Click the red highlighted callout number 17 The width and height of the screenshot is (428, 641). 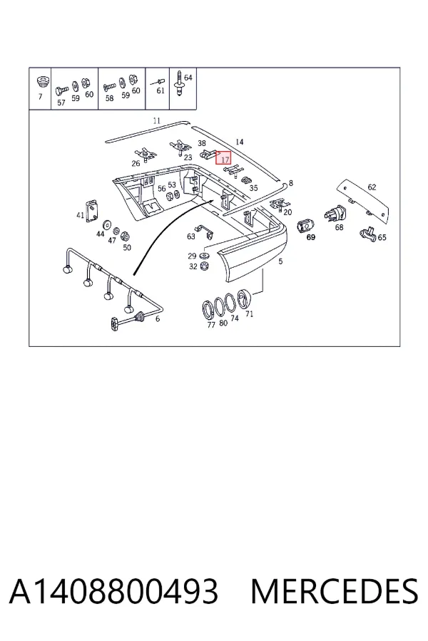pyautogui.click(x=223, y=157)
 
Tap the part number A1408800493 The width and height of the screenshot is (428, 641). pyautogui.click(x=113, y=591)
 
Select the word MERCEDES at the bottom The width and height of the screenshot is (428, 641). pyautogui.click(x=335, y=591)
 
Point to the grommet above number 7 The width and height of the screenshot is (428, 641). pyautogui.click(x=42, y=81)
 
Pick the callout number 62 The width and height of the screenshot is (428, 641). pyautogui.click(x=372, y=187)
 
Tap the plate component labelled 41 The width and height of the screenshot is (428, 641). pyautogui.click(x=92, y=210)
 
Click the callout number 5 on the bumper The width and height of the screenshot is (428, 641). pyautogui.click(x=280, y=261)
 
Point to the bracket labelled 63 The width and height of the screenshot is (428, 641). pyautogui.click(x=203, y=231)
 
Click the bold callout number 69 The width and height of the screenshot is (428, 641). pyautogui.click(x=311, y=237)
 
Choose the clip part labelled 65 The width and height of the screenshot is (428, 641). pyautogui.click(x=368, y=234)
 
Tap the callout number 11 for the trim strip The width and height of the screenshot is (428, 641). pyautogui.click(x=156, y=120)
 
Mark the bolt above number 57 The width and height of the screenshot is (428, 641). pyautogui.click(x=61, y=90)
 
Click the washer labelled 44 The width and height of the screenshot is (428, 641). pyautogui.click(x=107, y=224)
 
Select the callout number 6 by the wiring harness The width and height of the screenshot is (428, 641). pyautogui.click(x=158, y=319)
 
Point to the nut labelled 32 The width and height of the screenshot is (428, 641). pyautogui.click(x=205, y=266)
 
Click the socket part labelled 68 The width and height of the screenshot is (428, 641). pyautogui.click(x=335, y=214)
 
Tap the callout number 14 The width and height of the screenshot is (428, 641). pyautogui.click(x=240, y=142)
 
